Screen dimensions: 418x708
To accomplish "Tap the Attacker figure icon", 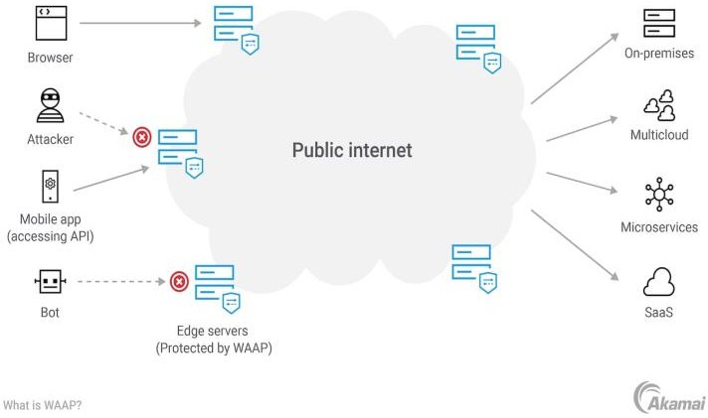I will point(50,104).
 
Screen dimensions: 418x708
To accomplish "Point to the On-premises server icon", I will point(659,23).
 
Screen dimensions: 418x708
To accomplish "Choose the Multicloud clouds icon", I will point(659,104).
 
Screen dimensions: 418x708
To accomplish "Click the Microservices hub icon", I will point(659,195).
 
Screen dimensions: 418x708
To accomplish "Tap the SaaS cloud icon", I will point(659,282).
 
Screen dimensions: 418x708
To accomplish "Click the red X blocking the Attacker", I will point(142,136).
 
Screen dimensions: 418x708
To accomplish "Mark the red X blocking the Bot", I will point(179,282).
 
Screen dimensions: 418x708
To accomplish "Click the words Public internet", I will point(351,151).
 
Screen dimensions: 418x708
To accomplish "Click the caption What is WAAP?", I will point(42,405).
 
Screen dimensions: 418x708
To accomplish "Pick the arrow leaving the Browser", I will point(139,23).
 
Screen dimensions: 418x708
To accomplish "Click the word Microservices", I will point(659,227).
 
